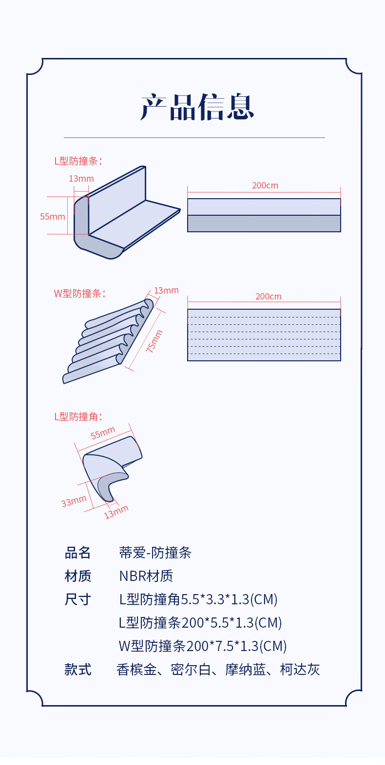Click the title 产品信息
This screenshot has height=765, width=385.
[197, 107]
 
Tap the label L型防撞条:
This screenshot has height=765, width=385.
[78, 161]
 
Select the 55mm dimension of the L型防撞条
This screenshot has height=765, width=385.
[52, 217]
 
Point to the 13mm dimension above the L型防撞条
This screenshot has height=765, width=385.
[81, 179]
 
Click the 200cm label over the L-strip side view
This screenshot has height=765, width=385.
[265, 186]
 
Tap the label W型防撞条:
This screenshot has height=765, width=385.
[79, 294]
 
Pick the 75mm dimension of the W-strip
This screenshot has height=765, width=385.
[154, 341]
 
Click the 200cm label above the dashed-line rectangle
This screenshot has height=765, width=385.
[268, 297]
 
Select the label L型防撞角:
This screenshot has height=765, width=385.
[78, 417]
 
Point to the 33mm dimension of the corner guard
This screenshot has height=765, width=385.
[74, 501]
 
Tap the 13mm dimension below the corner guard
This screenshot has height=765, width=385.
[116, 512]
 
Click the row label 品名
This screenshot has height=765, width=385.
[78, 553]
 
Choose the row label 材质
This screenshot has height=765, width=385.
[78, 576]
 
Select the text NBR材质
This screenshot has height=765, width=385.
[146, 576]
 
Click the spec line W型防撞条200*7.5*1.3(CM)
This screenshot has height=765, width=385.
[203, 646]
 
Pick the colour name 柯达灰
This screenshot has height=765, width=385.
[300, 670]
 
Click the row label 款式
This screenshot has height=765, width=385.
[78, 670]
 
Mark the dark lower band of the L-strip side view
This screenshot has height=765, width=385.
[264, 224]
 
